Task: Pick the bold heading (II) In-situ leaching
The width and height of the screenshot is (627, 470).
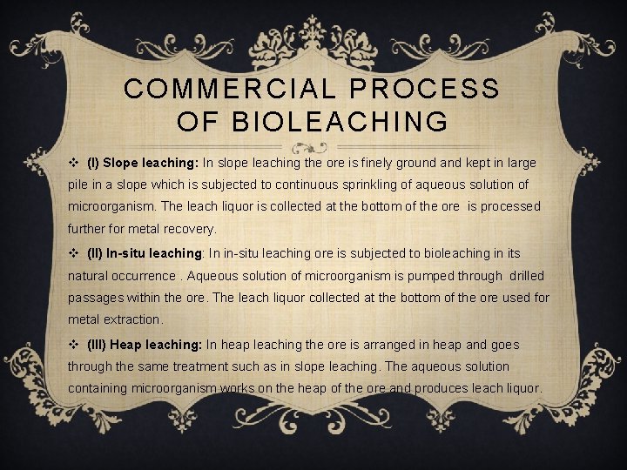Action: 145,253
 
